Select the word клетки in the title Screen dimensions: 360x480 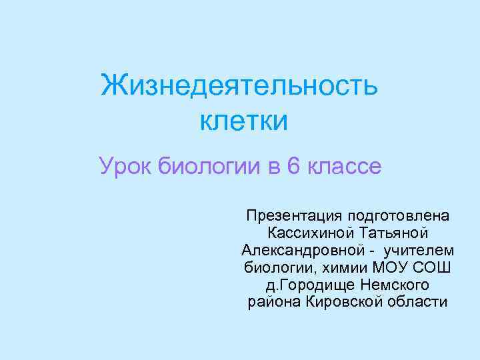(x=243, y=121)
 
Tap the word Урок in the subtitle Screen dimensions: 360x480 (x=127, y=165)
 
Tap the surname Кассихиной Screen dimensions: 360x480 (x=310, y=233)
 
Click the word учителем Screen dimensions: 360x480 (x=419, y=251)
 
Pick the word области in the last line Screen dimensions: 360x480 (x=415, y=303)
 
